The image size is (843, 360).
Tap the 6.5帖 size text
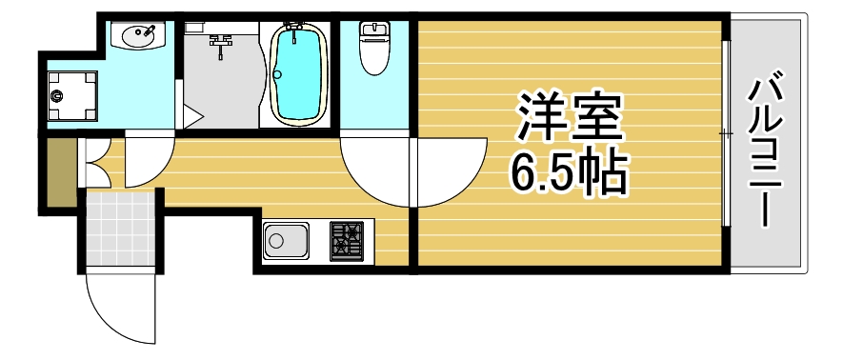[569, 171]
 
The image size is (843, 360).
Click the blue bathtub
[301, 73]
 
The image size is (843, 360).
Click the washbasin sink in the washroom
[139, 36]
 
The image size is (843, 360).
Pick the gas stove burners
[347, 241]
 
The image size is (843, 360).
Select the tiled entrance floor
[120, 229]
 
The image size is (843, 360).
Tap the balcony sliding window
[726, 133]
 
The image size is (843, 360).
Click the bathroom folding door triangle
[191, 118]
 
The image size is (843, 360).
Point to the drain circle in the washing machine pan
[57, 95]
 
